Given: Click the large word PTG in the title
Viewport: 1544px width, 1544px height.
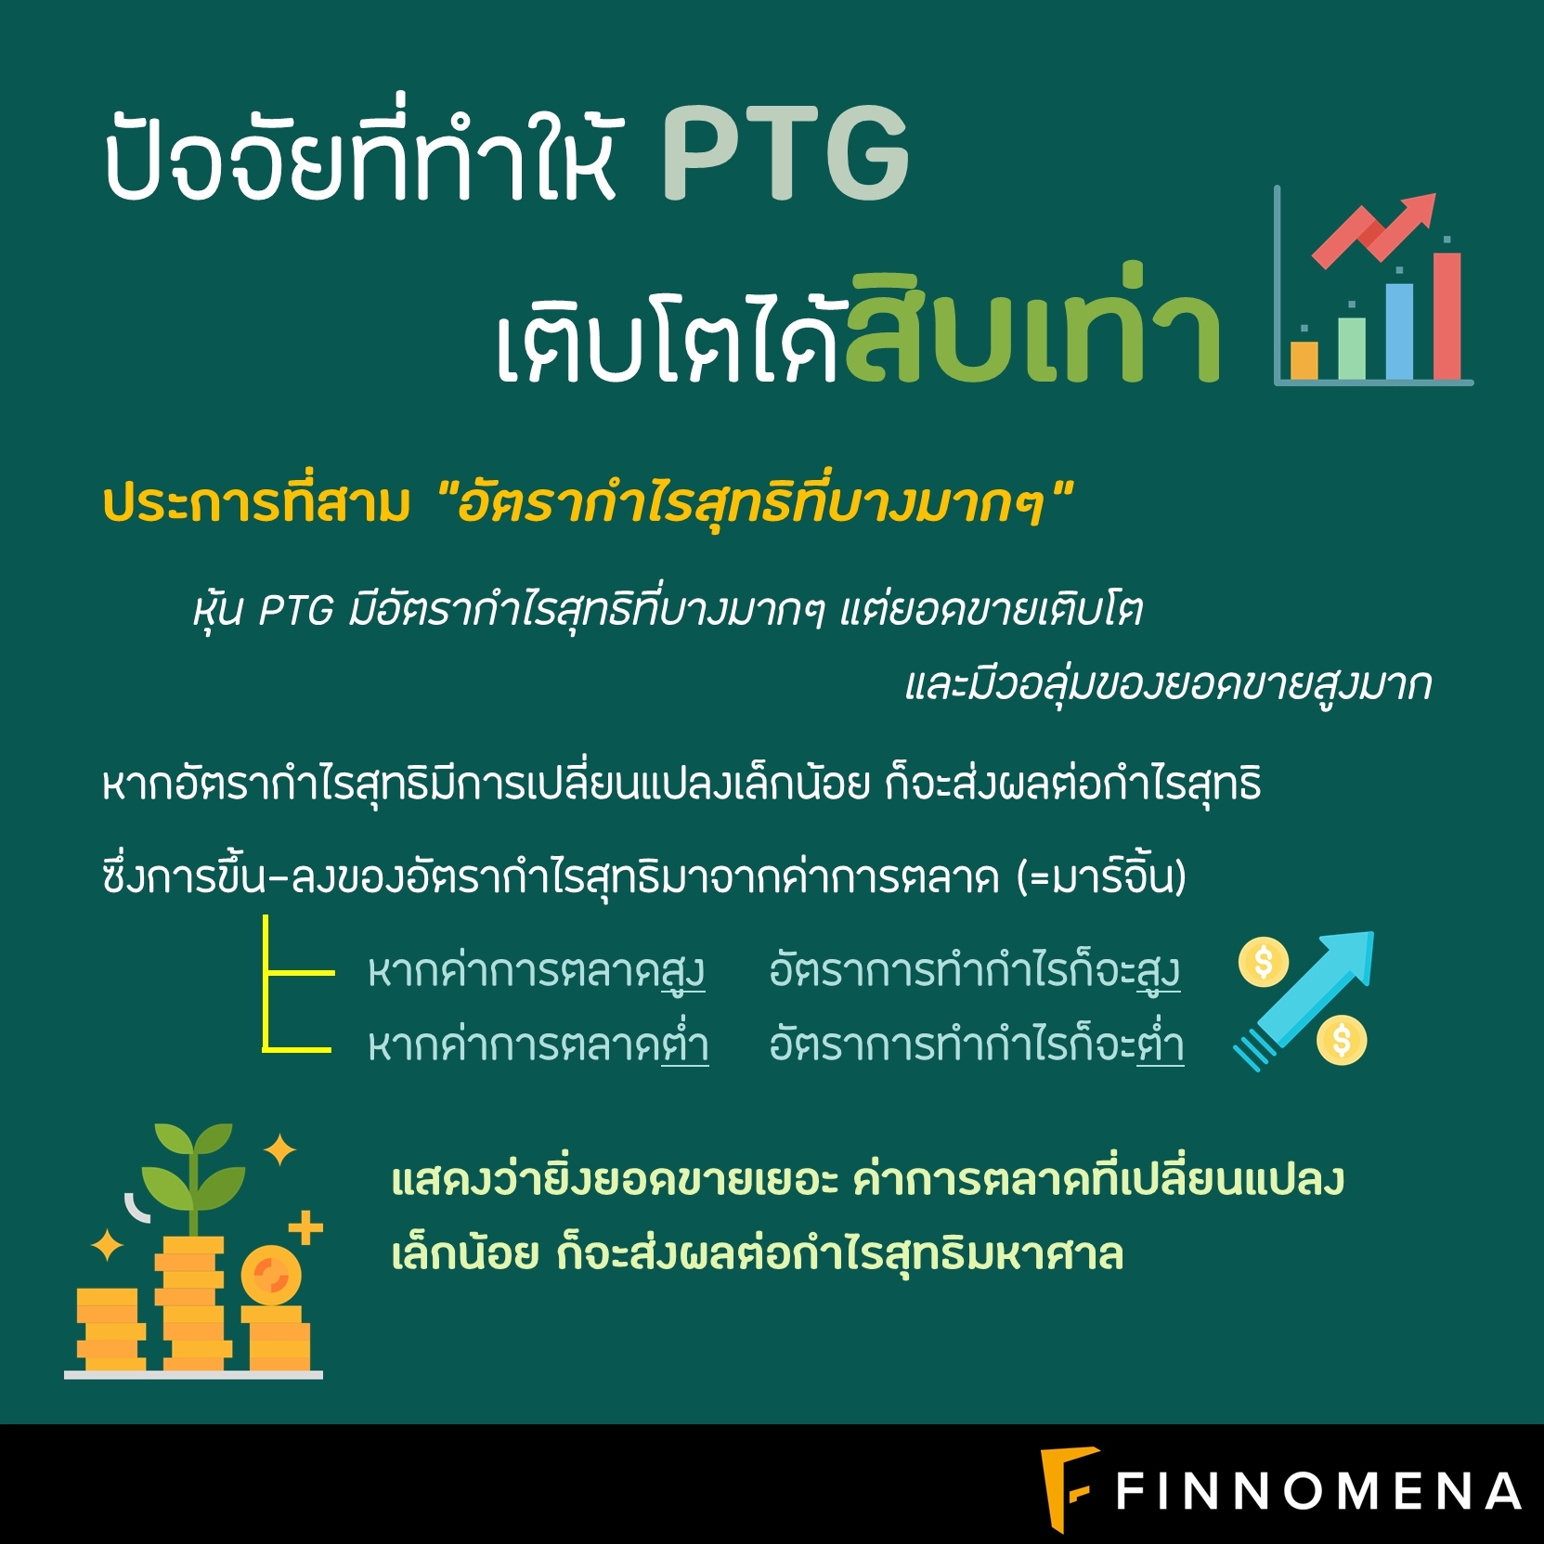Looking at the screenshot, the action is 785,154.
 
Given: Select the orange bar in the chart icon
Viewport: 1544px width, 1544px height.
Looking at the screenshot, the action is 1304,360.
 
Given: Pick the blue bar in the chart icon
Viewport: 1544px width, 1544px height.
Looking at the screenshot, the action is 1399,331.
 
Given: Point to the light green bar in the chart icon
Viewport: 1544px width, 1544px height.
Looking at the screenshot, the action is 1352,348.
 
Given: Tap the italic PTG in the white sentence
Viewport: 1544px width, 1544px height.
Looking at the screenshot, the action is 295,611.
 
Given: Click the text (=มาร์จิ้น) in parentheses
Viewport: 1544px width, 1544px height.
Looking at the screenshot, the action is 1101,876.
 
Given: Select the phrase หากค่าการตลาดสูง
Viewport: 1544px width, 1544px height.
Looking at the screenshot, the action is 537,972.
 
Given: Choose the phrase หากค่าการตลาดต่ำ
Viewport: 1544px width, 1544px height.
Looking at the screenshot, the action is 538,1044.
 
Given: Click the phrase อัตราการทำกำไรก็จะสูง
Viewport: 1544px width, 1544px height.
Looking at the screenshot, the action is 975,972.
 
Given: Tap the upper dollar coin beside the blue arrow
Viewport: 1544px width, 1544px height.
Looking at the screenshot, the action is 1264,962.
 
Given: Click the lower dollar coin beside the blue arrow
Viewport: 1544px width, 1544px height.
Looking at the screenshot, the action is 1342,1040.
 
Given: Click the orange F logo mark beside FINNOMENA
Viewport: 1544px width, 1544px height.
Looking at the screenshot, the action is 1068,1488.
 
